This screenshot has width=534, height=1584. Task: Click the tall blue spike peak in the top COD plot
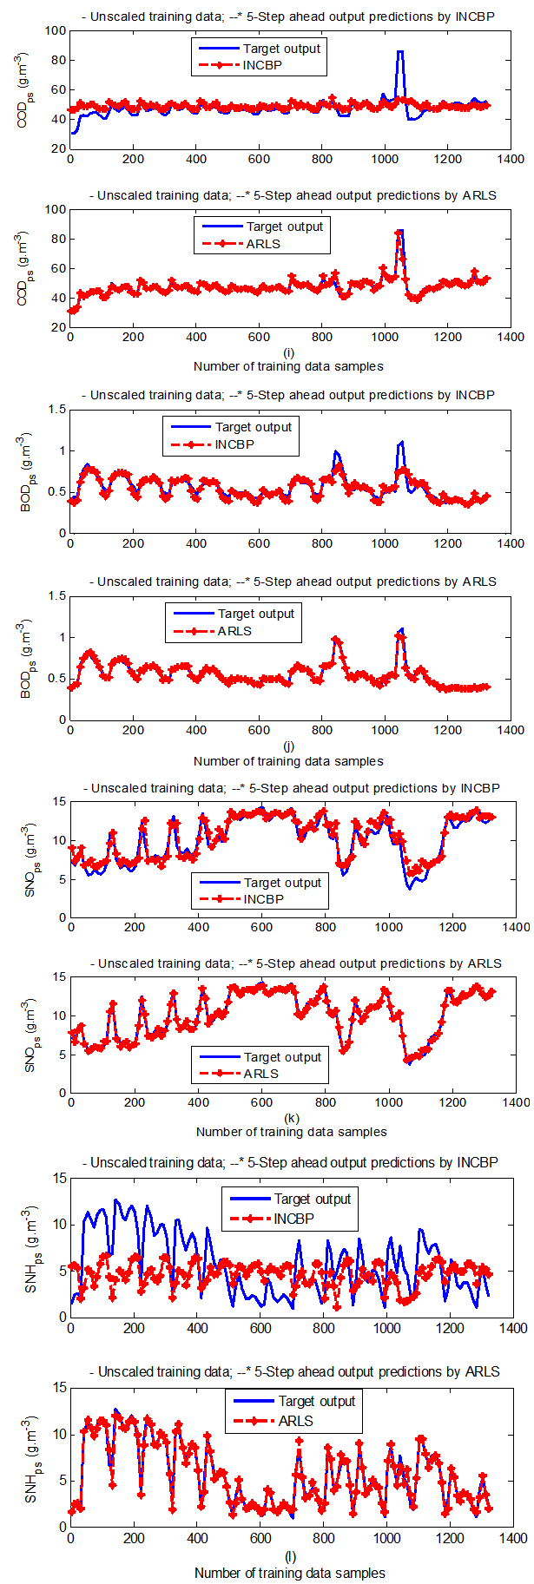(x=400, y=52)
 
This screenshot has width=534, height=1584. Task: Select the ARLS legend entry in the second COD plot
(x=263, y=244)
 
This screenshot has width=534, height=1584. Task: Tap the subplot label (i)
(x=288, y=352)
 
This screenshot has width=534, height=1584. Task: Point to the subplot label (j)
(x=288, y=746)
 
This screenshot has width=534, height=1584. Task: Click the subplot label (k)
(x=291, y=1118)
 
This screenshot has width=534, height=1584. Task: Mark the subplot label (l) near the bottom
(x=290, y=1557)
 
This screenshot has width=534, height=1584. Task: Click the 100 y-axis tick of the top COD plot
(x=56, y=30)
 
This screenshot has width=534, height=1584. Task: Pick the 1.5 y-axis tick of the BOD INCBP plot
(x=57, y=409)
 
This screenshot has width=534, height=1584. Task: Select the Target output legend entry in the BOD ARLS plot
(x=255, y=614)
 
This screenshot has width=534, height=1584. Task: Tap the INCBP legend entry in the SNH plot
(x=293, y=1219)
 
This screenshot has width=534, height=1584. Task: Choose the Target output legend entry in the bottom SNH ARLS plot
(x=316, y=1401)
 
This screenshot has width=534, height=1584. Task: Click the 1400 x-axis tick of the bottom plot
(x=513, y=1538)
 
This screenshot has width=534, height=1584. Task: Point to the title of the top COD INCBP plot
(x=288, y=16)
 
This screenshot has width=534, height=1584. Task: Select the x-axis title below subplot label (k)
(x=291, y=1132)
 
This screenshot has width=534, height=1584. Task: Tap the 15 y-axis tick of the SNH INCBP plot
(x=60, y=1178)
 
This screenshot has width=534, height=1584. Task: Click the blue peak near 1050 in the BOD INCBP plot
(x=400, y=443)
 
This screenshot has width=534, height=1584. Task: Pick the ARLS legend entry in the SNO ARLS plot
(x=260, y=1074)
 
